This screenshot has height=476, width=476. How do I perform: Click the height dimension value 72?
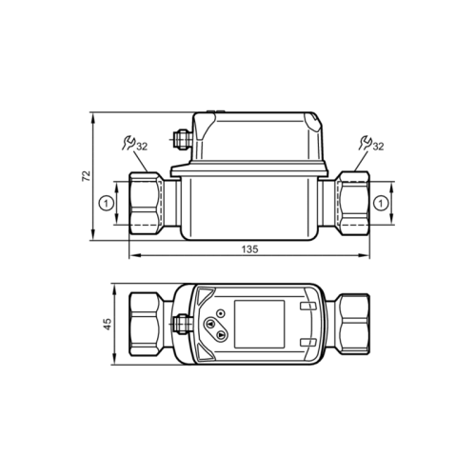click(85, 177)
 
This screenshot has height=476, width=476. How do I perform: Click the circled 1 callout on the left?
click(107, 202)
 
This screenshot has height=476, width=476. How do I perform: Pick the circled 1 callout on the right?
click(381, 202)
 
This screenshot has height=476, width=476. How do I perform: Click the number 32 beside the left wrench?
click(141, 147)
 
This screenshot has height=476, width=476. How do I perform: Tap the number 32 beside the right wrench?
click(378, 147)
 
